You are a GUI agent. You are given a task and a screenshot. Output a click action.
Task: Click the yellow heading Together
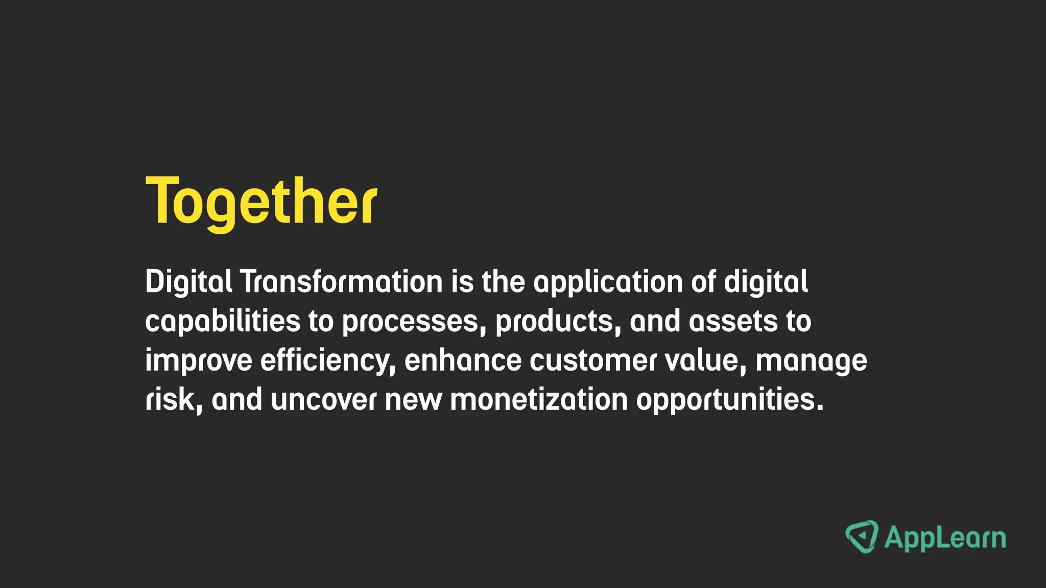coord(261,201)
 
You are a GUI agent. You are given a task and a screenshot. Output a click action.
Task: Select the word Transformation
coord(341,282)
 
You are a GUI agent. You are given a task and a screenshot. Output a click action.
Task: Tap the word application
coord(608,283)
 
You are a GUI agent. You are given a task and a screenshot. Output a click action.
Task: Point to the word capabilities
coord(223,322)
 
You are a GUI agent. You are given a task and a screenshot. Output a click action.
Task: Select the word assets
coord(732,322)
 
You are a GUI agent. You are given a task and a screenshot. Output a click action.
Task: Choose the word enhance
coord(463,360)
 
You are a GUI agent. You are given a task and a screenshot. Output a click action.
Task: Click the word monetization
coord(538,400)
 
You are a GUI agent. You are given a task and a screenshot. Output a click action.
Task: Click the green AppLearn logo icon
coord(862,537)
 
